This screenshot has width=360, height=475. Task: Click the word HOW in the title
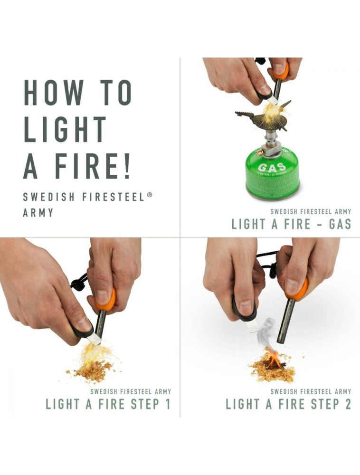[54, 93]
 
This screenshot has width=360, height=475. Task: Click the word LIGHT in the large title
[65, 129]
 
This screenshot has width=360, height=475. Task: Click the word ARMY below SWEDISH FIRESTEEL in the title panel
[38, 212]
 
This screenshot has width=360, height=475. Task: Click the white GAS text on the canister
[273, 167]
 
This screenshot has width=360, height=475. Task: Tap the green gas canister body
[273, 176]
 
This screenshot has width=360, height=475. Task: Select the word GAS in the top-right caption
[340, 224]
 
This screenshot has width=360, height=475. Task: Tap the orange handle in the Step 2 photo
[297, 290]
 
